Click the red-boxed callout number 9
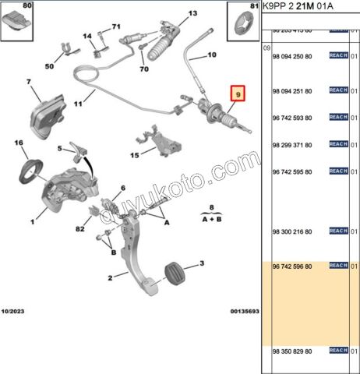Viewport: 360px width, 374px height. (x=238, y=94)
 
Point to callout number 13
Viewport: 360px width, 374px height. (x=192, y=13)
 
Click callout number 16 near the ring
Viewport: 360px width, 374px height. (x=19, y=143)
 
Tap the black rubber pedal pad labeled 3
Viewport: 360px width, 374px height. (x=174, y=275)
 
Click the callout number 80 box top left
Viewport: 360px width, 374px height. (x=17, y=18)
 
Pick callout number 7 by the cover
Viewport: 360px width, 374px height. (x=28, y=82)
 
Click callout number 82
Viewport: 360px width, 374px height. (x=79, y=229)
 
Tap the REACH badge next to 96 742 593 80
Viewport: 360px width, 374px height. (x=338, y=117)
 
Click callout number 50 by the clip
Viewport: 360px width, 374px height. (x=48, y=66)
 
